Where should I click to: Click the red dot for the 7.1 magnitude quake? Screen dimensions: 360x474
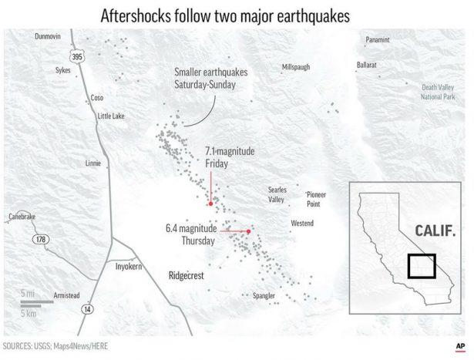point(210,204)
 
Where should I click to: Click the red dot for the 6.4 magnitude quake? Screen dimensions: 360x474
point(249,231)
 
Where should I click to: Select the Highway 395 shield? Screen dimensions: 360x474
point(76,57)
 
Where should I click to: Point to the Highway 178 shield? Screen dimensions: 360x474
point(41,240)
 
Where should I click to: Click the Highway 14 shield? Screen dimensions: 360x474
point(86,308)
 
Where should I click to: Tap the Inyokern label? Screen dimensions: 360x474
point(130,265)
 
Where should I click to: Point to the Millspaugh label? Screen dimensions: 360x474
point(296,67)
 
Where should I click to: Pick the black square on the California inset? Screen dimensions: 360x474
point(422,267)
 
